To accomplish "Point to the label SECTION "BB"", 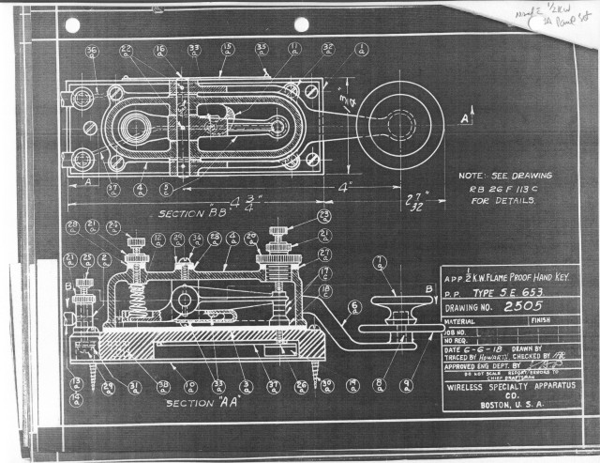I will click(186, 212).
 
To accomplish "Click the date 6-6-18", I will click(487, 349).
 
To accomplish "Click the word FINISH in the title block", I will click(544, 320).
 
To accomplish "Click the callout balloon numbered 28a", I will click(71, 225).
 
